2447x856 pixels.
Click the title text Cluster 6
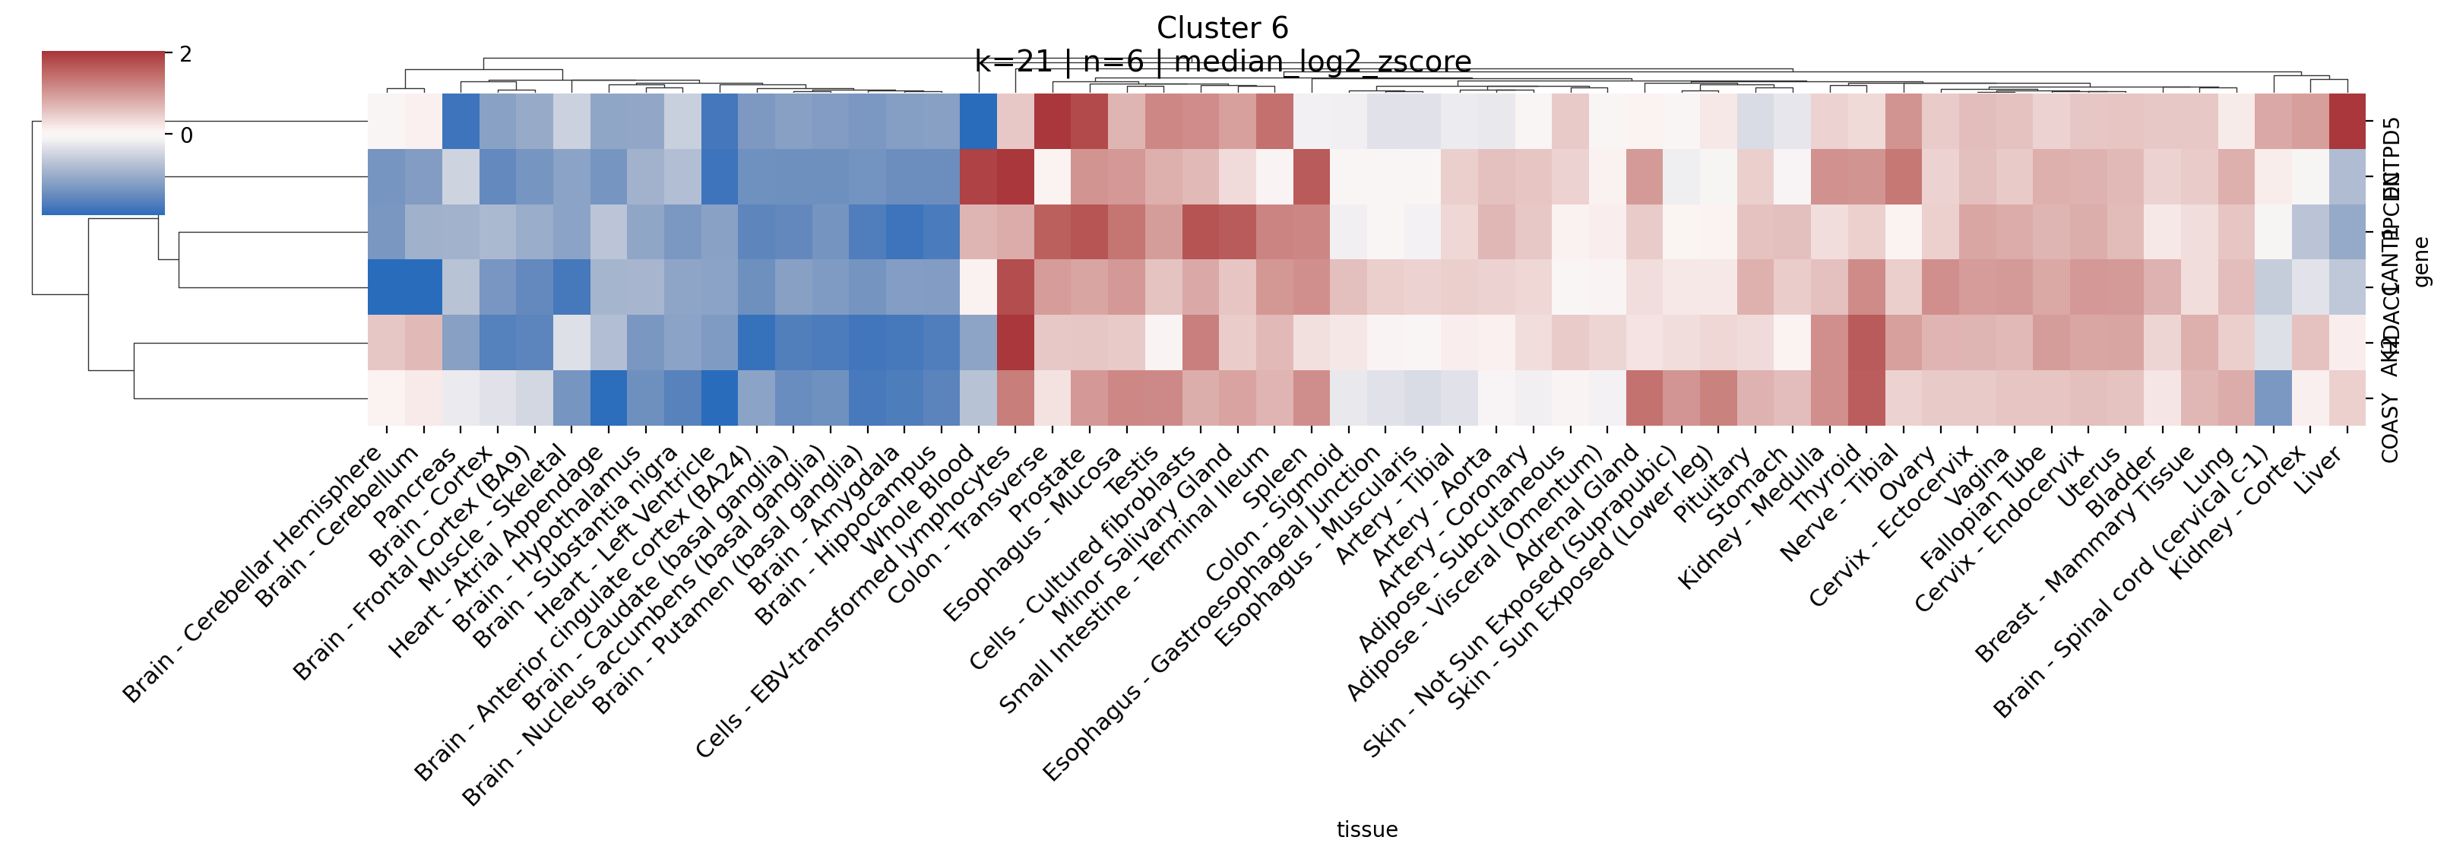(1222, 27)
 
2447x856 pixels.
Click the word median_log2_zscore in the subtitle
(1322, 62)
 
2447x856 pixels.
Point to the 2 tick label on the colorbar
(186, 54)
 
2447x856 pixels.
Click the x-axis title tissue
(1366, 829)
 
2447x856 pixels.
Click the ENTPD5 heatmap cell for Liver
(2347, 121)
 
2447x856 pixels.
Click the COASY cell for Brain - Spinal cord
(2273, 397)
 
